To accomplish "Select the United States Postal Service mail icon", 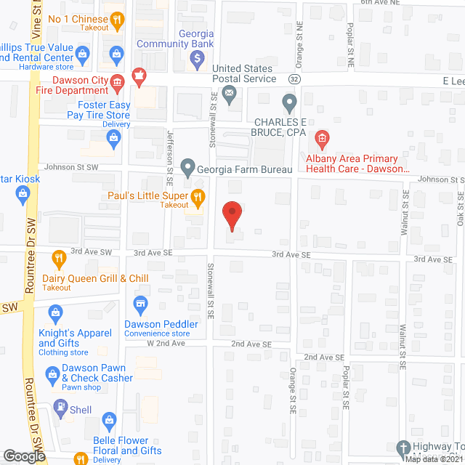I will click(230, 92).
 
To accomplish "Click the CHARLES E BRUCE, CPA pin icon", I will click(289, 104).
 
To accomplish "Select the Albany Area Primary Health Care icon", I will click(320, 138).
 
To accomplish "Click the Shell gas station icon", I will click(60, 410).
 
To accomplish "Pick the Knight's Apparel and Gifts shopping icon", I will click(55, 313).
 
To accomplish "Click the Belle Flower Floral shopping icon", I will click(109, 419).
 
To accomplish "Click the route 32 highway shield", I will click(293, 78).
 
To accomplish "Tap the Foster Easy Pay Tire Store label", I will click(94, 110).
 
